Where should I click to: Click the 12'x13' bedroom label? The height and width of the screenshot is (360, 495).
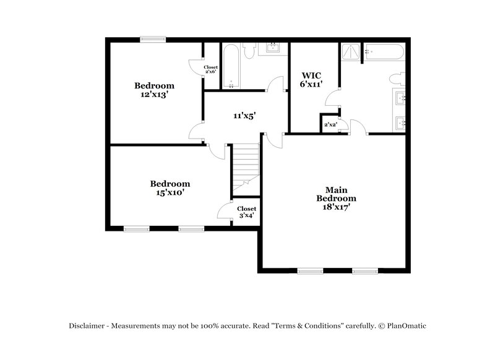(155, 90)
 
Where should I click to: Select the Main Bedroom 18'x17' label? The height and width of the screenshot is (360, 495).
(337, 199)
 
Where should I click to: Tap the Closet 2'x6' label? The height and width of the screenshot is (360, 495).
(212, 70)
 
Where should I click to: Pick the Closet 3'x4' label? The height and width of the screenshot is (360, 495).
(247, 212)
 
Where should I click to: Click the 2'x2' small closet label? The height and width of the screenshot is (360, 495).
(329, 124)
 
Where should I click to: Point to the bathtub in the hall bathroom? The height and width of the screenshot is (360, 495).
(231, 66)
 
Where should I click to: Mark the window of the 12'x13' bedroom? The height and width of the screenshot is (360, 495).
(152, 40)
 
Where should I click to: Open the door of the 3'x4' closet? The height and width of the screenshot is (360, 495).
(224, 210)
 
